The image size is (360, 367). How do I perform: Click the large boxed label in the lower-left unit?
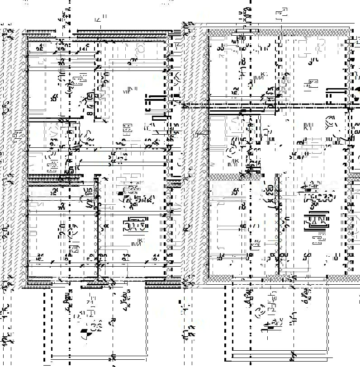[136, 225]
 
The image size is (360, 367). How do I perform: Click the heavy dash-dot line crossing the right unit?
[271, 105]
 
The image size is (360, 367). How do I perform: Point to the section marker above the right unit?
[281, 13]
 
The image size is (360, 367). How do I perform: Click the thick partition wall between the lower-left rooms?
[97, 226]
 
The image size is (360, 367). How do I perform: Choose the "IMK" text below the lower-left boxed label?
[136, 243]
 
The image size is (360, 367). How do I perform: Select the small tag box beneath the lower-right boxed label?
[318, 235]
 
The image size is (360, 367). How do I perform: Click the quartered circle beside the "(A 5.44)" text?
[121, 194]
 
